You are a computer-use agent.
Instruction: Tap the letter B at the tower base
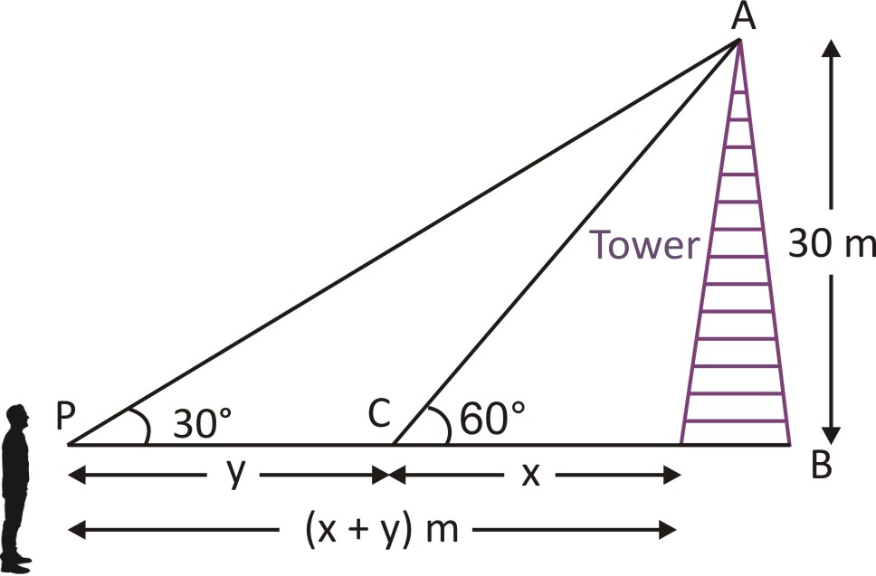click(821, 467)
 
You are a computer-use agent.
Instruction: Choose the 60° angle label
click(492, 420)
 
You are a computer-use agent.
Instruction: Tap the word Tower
click(645, 245)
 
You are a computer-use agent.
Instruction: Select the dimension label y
click(234, 473)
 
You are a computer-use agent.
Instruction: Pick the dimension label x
click(531, 474)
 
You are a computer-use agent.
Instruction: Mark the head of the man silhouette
click(15, 419)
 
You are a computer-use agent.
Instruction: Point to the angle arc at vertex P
click(143, 423)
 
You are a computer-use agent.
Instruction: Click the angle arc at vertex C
click(443, 423)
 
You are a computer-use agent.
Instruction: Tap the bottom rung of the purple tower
click(736, 422)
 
